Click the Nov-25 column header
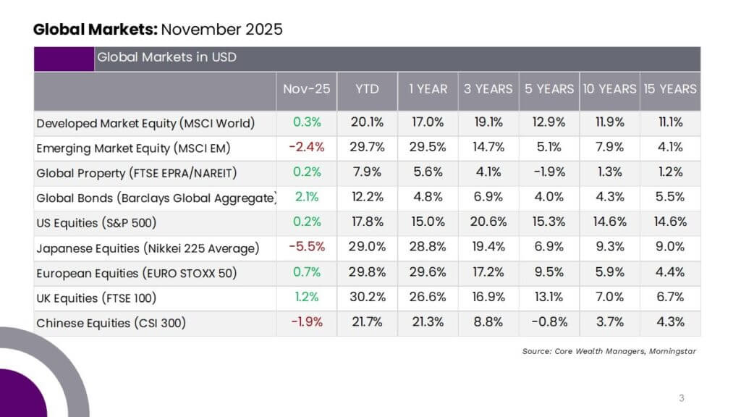point(306,89)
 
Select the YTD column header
point(367,89)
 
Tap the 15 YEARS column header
point(670,89)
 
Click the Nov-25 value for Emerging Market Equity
point(307,147)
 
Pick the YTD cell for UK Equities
point(367,297)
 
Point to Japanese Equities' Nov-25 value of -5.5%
point(307,247)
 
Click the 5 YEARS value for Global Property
point(549,172)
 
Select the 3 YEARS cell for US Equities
point(488,222)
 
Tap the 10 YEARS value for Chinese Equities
point(609,322)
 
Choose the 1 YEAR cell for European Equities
point(428,272)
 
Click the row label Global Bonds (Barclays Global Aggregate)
point(156,198)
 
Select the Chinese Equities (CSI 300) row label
point(111,323)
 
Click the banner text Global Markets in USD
point(167,57)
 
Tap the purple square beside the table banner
point(64,59)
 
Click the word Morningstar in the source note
point(672,351)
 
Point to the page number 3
point(682,398)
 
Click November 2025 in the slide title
point(221,29)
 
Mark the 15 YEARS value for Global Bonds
point(670,197)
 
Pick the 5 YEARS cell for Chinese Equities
point(549,322)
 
